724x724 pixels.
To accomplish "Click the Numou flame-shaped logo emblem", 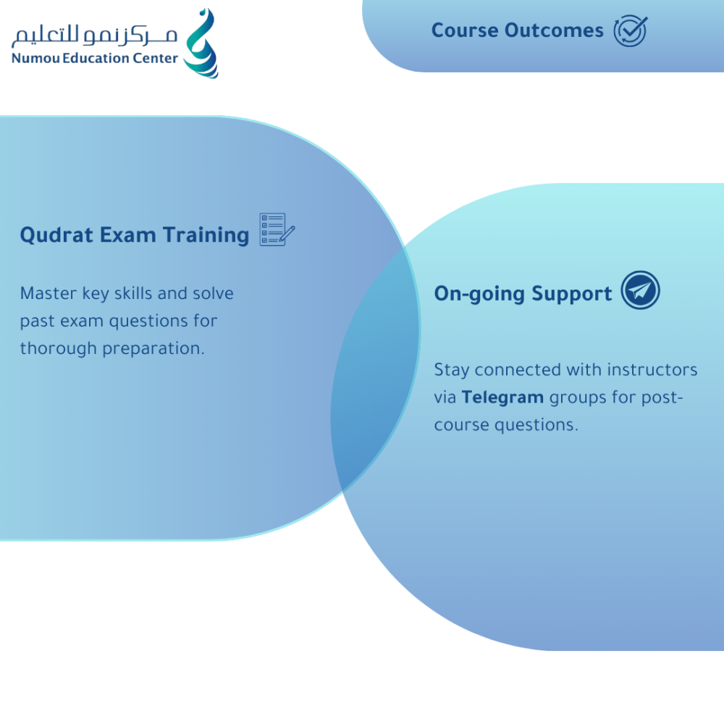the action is pos(201,44).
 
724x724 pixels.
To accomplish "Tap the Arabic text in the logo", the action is pos(95,36).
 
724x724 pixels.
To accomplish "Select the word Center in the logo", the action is pos(155,58).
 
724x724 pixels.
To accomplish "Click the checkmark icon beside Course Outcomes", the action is pos(631,30).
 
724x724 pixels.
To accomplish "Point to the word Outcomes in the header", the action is pos(554,30).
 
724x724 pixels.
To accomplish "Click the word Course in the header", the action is pos(465,30).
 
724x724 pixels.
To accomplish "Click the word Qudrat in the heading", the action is pos(56,235).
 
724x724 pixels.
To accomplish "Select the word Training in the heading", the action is pos(206,235).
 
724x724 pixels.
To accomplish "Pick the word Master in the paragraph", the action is pos(48,293).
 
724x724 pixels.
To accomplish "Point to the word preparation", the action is pos(153,349).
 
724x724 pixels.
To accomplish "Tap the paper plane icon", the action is pos(640,290).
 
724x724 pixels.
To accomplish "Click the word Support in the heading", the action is pos(572,294).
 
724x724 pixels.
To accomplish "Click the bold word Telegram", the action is pos(502,397).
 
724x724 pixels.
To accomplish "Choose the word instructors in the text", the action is pos(652,370).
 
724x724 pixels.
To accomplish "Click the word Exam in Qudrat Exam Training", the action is pos(128,235).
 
